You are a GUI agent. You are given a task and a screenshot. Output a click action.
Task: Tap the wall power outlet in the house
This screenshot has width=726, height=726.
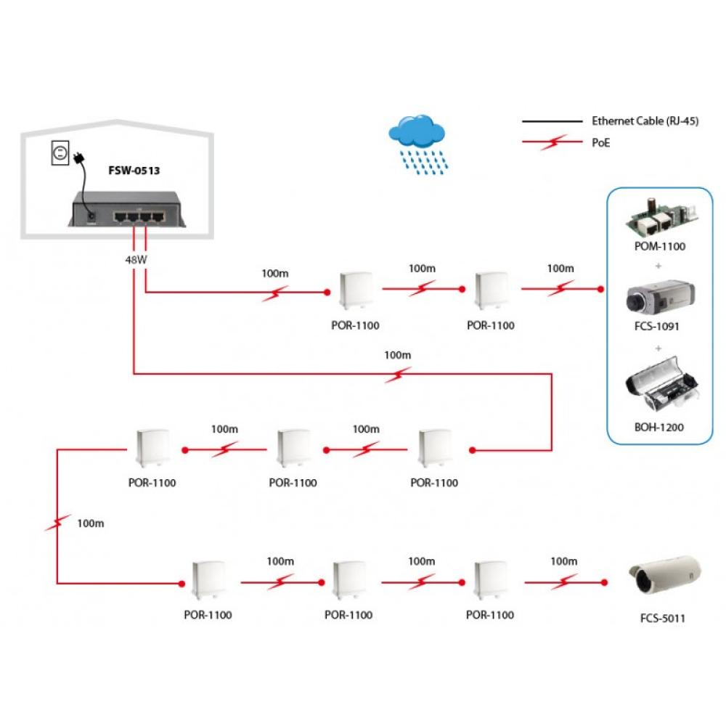click(60, 153)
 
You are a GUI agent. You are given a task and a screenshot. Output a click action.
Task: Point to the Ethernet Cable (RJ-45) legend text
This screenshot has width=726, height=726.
click(645, 121)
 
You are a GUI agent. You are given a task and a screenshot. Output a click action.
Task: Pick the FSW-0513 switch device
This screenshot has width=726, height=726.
click(128, 209)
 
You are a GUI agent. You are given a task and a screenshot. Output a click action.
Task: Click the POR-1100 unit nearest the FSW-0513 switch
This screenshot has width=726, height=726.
click(354, 293)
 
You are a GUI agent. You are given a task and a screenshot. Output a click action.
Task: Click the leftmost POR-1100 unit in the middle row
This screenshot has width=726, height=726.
click(152, 449)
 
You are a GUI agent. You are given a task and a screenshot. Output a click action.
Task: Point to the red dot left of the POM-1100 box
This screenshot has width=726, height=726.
click(600, 290)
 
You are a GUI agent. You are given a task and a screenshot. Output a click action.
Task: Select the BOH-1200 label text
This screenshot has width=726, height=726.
click(658, 428)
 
